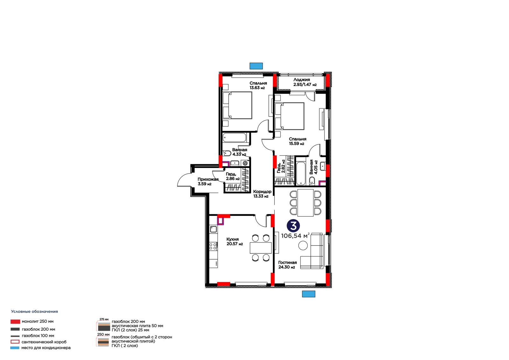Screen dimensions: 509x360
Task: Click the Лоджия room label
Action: pos(302,80)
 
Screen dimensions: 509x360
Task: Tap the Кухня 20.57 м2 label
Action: pos(234,242)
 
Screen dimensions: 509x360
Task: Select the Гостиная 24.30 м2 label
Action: pos(288,265)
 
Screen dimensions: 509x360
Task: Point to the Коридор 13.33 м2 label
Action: pos(262,194)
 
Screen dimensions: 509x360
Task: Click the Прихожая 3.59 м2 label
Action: pos(208,181)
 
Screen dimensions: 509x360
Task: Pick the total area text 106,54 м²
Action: pos(295,236)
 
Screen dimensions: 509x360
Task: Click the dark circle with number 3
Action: pos(293,226)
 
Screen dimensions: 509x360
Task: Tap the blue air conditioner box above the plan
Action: pos(256,66)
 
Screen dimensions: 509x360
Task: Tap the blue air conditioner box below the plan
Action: pos(309,294)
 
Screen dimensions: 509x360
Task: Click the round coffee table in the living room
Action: pos(303,246)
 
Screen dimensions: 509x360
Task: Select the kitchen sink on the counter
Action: pos(213,229)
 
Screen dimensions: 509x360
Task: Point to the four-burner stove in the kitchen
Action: pos(213,246)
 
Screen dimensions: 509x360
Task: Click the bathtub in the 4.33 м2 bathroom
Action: pos(234,138)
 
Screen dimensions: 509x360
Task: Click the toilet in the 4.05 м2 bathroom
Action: pos(312,181)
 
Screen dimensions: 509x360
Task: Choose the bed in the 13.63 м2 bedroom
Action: pos(237,105)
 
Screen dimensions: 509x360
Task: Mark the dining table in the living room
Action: pos(305,203)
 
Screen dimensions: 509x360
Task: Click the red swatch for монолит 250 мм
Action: pos(15,321)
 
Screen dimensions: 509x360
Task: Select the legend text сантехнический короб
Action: pos(44,342)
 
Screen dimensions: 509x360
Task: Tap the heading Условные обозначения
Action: pos(35,312)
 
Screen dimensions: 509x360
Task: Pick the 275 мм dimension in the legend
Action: pos(104,319)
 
